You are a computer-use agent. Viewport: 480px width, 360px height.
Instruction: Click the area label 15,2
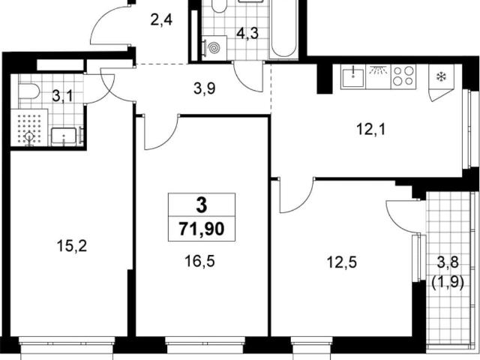(72, 246)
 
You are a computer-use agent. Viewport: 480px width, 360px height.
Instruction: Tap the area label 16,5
(199, 261)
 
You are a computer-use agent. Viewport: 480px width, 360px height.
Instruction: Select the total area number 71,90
(202, 229)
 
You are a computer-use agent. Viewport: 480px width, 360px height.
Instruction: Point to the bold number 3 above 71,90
(202, 205)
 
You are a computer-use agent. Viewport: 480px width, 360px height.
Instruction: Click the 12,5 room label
(342, 262)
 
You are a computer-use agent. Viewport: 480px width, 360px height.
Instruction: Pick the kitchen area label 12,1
(371, 129)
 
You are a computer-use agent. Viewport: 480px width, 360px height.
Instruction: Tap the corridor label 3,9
(205, 88)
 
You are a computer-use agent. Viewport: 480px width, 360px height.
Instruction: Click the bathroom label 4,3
(247, 33)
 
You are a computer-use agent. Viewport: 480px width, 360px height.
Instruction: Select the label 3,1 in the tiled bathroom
(63, 96)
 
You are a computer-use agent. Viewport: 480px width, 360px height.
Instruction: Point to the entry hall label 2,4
(161, 20)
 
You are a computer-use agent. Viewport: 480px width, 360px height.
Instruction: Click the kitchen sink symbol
(353, 76)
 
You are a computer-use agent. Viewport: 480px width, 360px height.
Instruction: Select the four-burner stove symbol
(403, 76)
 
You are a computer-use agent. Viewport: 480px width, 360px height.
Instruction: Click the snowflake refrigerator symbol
(441, 77)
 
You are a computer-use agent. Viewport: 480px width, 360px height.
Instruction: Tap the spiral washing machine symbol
(214, 48)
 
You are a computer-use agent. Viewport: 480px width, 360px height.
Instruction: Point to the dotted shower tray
(29, 127)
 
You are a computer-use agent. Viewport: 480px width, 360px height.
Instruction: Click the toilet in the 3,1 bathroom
(29, 91)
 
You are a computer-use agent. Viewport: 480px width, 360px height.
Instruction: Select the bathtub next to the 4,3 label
(283, 29)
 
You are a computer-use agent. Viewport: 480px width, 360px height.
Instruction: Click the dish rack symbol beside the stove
(378, 76)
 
